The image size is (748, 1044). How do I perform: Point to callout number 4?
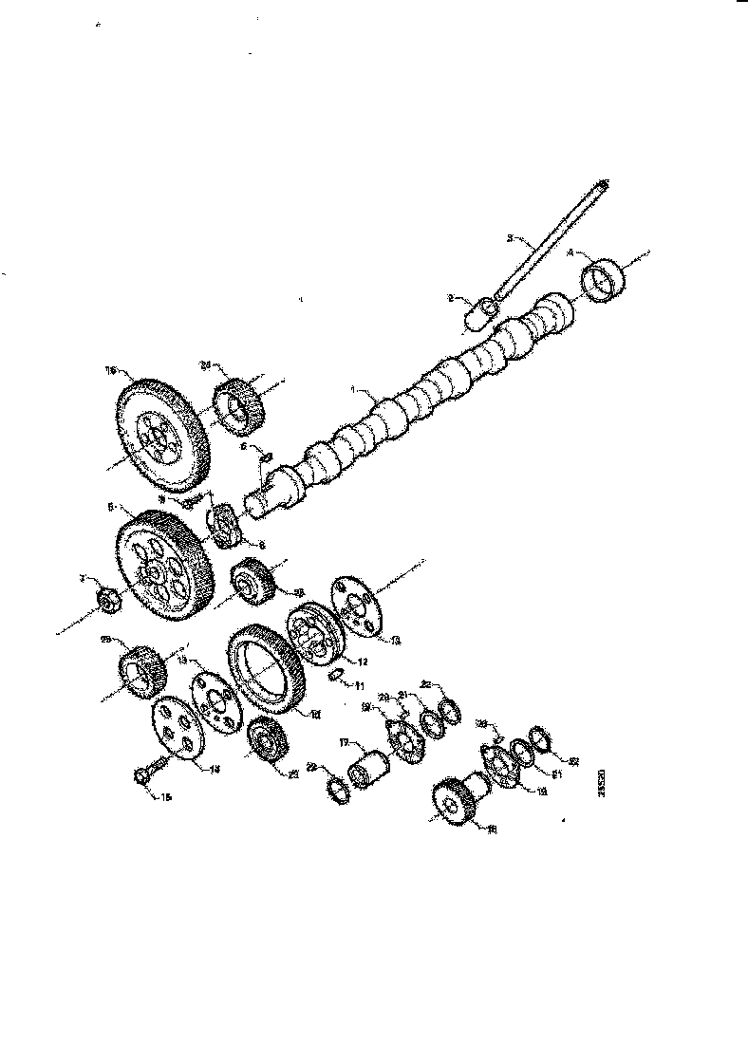tap(570, 252)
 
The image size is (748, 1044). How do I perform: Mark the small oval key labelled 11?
tap(335, 675)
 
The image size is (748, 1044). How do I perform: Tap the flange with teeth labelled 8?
tap(226, 527)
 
